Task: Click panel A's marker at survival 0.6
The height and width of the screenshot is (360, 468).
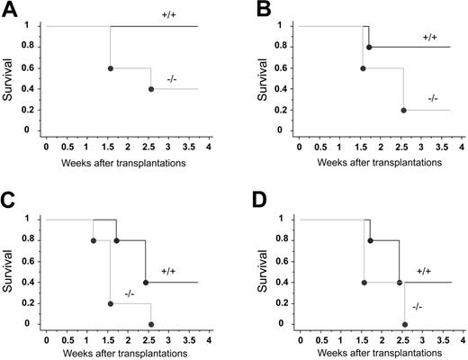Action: (x=110, y=67)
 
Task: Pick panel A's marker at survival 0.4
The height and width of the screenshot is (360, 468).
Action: (x=151, y=89)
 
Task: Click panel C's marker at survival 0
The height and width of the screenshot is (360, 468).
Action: (x=150, y=324)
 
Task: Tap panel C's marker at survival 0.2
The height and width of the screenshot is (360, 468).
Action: (x=110, y=303)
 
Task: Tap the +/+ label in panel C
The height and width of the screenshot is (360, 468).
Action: (x=169, y=269)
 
